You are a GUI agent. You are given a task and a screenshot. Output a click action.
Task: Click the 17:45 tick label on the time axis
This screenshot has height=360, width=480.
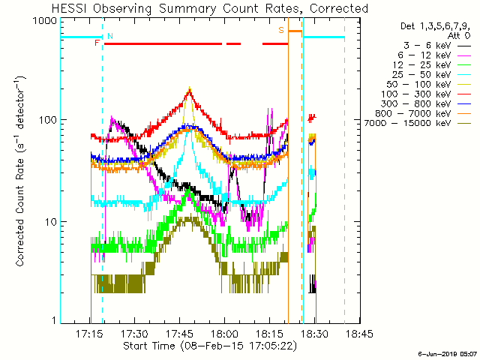coord(180,334)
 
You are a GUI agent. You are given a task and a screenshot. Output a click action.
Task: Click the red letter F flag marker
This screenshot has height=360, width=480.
coord(97,43)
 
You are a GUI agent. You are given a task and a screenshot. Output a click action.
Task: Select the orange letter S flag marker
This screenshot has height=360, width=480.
coord(281,30)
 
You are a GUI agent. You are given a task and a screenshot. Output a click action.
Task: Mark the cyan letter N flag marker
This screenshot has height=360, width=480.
coord(110,35)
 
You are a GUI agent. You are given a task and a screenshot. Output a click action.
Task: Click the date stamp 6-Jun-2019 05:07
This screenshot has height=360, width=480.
coord(448,352)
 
